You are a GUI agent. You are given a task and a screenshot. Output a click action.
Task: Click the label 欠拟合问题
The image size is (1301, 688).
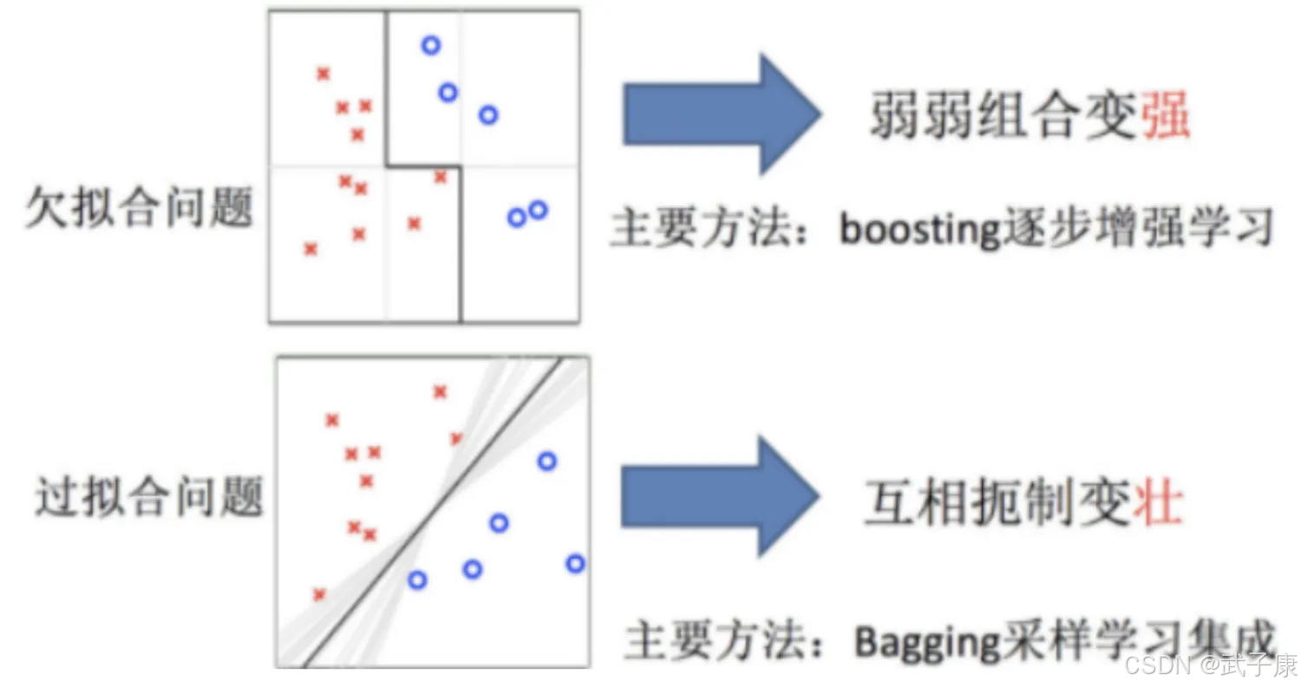(x=139, y=207)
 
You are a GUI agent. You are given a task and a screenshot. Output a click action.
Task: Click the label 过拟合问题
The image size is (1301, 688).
(x=148, y=498)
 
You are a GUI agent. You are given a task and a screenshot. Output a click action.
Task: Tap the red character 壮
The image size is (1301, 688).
(x=1158, y=502)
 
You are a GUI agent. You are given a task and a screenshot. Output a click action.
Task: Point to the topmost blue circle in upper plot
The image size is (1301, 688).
(x=431, y=45)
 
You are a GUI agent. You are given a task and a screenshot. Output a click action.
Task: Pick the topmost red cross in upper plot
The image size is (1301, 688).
(x=324, y=75)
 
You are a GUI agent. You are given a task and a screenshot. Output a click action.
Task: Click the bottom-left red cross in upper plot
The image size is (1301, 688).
(x=311, y=249)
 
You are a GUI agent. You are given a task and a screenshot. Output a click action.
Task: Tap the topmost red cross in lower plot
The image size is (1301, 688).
(x=440, y=392)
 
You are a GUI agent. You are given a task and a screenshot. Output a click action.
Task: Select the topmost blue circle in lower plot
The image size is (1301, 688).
(x=546, y=462)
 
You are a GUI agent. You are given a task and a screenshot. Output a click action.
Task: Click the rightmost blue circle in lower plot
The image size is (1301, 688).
(x=575, y=564)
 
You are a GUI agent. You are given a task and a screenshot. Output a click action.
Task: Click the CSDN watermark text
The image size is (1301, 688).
(x=1210, y=666)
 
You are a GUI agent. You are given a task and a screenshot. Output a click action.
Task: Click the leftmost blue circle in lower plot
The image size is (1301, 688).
(x=417, y=580)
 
